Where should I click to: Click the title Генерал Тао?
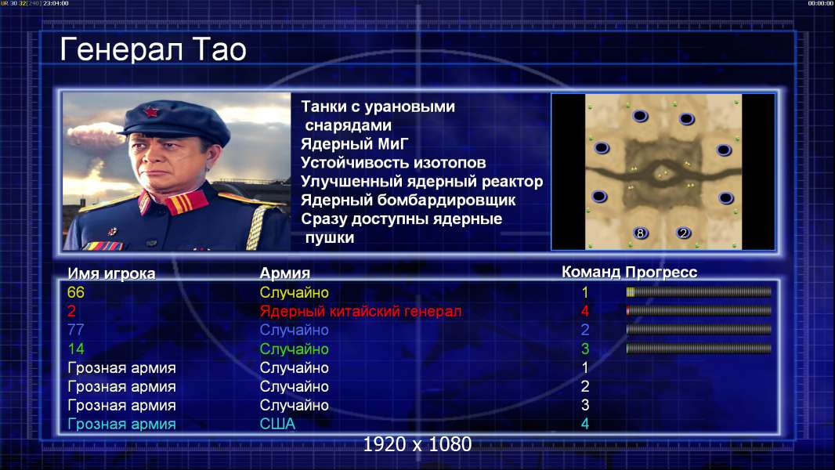pyautogui.click(x=153, y=49)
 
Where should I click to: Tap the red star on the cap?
pyautogui.click(x=150, y=111)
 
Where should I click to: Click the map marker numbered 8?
pyautogui.click(x=640, y=233)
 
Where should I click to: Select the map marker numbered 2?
pyautogui.click(x=683, y=233)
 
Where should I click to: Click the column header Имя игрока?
pyautogui.click(x=111, y=273)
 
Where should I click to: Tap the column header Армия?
pyautogui.click(x=285, y=273)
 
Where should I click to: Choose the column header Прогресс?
pyautogui.click(x=661, y=273)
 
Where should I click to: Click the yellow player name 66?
pyautogui.click(x=76, y=292)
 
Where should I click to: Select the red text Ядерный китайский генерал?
pyautogui.click(x=360, y=312)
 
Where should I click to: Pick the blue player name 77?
pyautogui.click(x=76, y=330)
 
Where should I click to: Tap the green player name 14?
pyautogui.click(x=76, y=349)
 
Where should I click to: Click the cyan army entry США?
pyautogui.click(x=277, y=425)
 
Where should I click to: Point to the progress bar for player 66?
pyautogui.click(x=699, y=291)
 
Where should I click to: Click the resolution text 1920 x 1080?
pyautogui.click(x=417, y=444)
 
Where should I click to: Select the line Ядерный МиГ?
pyautogui.click(x=355, y=144)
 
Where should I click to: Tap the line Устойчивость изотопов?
pyautogui.click(x=393, y=163)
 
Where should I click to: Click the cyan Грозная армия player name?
pyautogui.click(x=121, y=425)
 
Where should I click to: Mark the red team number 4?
pyautogui.click(x=584, y=311)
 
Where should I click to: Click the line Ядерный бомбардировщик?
pyautogui.click(x=408, y=200)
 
